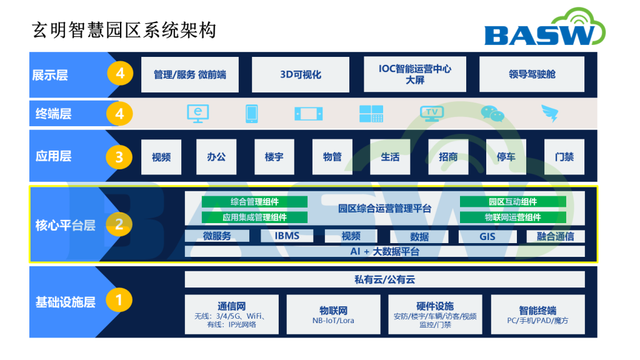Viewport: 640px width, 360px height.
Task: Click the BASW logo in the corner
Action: tap(545, 27)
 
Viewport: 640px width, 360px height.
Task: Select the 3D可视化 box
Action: tap(301, 74)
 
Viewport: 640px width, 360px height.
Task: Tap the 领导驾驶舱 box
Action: tap(532, 74)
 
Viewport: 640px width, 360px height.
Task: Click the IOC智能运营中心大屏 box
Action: tap(415, 74)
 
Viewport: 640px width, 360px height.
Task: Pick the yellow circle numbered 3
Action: tap(119, 157)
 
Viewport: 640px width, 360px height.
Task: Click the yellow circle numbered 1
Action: tap(119, 300)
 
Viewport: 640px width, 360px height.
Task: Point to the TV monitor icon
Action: tap(432, 114)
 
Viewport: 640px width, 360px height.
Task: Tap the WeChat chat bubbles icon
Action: tap(492, 114)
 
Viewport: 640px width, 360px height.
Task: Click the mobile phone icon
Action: tap(251, 114)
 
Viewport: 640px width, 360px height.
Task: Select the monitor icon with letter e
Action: tap(198, 114)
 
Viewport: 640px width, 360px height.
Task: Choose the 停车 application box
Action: tap(506, 157)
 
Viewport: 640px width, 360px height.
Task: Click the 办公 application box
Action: tap(216, 157)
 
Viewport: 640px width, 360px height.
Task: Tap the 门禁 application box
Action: tap(564, 157)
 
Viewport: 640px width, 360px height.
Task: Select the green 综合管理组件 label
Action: tap(255, 202)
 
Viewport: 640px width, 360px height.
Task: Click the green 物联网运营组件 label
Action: tap(513, 217)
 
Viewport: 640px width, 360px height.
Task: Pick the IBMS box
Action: tap(287, 236)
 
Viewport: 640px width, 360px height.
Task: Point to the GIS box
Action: tap(487, 236)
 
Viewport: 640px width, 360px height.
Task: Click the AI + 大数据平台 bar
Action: tap(384, 251)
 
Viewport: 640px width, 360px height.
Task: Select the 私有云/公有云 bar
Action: tap(384, 279)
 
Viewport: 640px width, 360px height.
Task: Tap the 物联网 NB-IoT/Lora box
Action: tap(333, 314)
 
